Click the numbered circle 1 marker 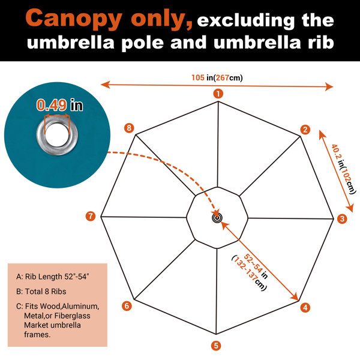218,94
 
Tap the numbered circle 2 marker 305,130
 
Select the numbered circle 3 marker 342,218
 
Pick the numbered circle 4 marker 305,308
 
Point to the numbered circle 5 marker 216,346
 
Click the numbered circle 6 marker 127,306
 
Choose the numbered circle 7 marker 91,216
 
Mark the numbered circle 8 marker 129,128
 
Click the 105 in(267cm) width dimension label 217,78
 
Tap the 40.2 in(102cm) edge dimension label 343,169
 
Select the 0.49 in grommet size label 59,105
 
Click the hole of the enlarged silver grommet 57,134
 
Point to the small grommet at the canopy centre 217,218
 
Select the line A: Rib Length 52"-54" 53,277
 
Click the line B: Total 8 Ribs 41,292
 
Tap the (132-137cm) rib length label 248,273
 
